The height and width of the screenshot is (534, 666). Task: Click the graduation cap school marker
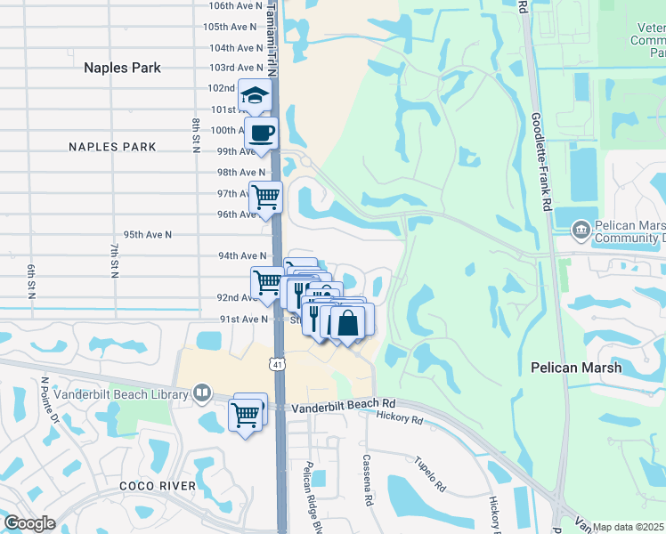tap(255, 97)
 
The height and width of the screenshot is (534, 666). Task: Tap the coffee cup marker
tap(261, 133)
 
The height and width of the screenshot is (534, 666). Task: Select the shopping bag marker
tap(347, 322)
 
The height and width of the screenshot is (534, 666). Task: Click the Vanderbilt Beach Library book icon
tap(203, 393)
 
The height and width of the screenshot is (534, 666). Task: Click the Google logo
tap(29, 523)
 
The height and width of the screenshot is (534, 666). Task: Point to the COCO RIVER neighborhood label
tap(157, 486)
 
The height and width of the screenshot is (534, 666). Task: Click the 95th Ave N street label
tap(147, 234)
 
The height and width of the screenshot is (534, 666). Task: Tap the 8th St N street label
tap(195, 134)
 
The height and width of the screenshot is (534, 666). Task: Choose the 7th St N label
tap(114, 260)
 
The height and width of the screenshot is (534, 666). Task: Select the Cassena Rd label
tap(367, 480)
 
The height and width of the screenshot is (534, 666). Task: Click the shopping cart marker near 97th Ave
tap(264, 197)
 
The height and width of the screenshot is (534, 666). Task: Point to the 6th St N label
tap(30, 281)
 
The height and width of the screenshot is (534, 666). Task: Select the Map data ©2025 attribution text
tap(629, 527)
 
